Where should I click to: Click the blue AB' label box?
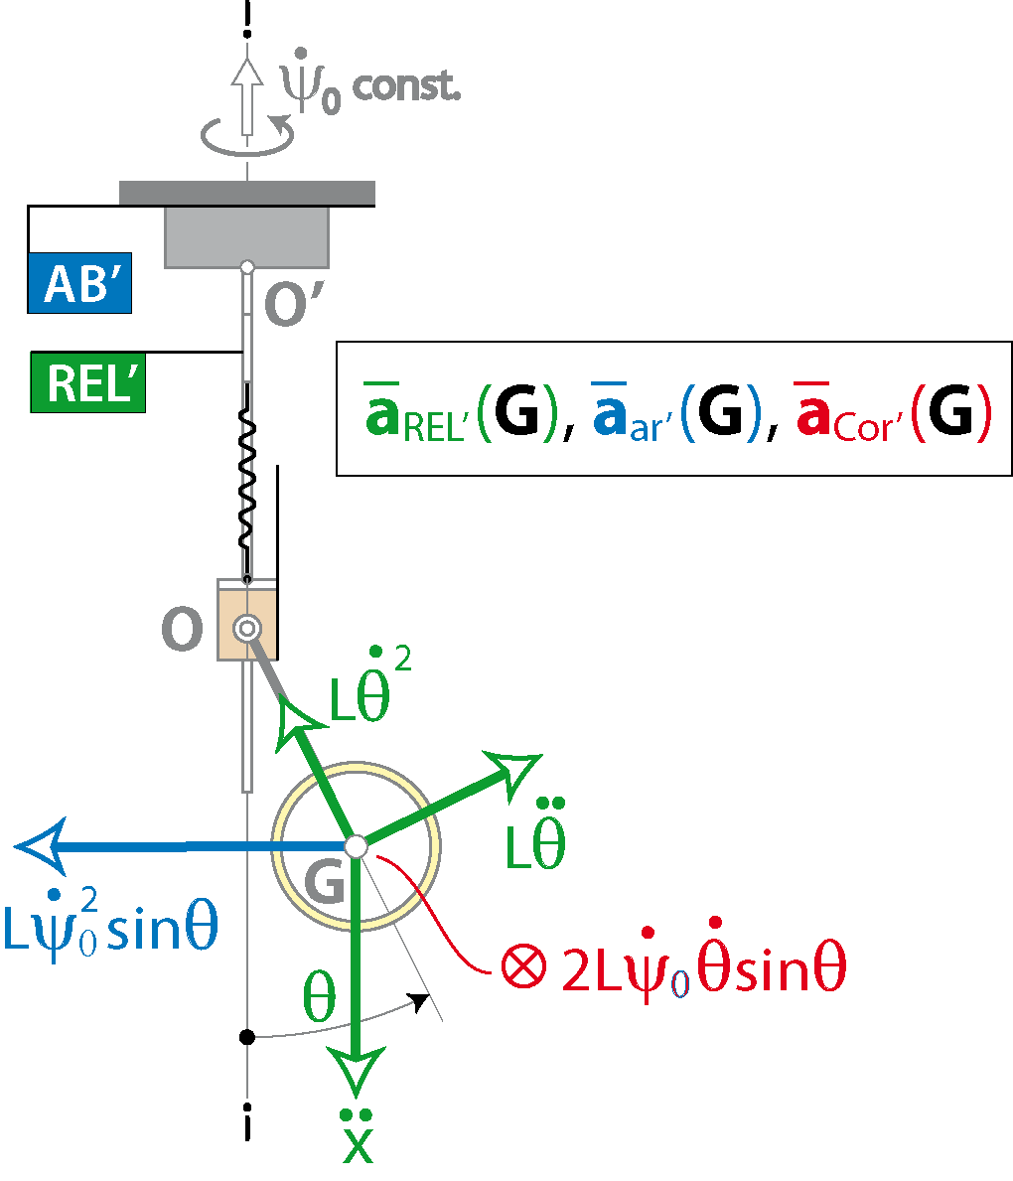pyautogui.click(x=79, y=283)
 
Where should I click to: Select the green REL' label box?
pyautogui.click(x=88, y=382)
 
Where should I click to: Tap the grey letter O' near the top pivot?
pyautogui.click(x=295, y=304)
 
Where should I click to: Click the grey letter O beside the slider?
pyautogui.click(x=183, y=629)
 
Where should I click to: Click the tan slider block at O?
pyautogui.click(x=248, y=620)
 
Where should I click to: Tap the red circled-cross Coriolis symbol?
pyautogui.click(x=523, y=964)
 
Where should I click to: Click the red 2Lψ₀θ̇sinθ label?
pyautogui.click(x=704, y=960)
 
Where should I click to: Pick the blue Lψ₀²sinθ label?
pyautogui.click(x=110, y=924)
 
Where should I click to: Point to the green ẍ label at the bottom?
pyautogui.click(x=358, y=1136)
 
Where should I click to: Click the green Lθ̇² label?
pyautogui.click(x=370, y=684)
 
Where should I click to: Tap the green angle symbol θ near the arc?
pyautogui.click(x=319, y=995)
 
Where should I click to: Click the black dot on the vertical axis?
pyautogui.click(x=247, y=1037)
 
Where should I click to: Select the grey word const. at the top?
pyautogui.click(x=406, y=86)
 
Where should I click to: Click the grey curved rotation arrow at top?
pyautogui.click(x=247, y=135)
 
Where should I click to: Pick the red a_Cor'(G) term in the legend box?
pyautogui.click(x=894, y=412)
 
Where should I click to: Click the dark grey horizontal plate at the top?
pyautogui.click(x=247, y=193)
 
